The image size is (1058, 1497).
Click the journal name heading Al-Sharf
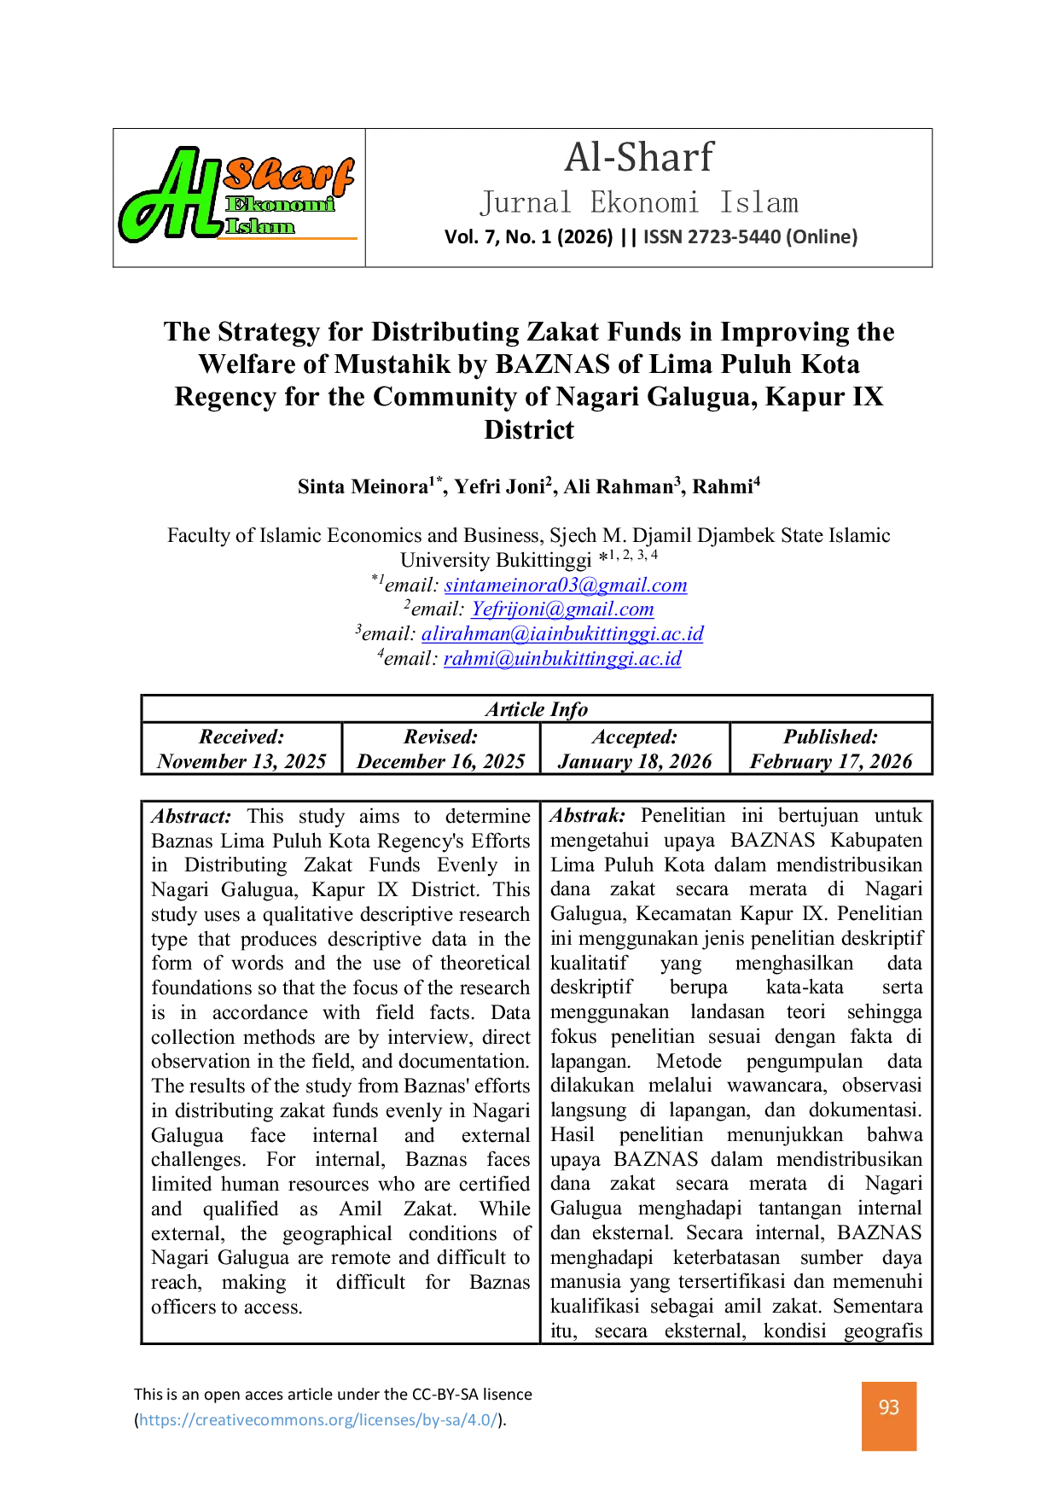(x=639, y=157)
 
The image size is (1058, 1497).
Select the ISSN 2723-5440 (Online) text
(x=750, y=236)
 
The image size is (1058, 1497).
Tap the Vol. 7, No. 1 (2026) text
(x=529, y=236)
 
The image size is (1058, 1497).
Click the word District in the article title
(x=529, y=429)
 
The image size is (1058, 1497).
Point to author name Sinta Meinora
(x=363, y=486)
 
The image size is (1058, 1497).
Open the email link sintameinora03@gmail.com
(x=566, y=585)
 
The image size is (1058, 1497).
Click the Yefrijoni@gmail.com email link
(x=562, y=609)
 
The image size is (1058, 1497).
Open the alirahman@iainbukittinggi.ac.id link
(x=562, y=633)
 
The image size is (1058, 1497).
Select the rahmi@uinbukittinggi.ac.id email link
(x=562, y=658)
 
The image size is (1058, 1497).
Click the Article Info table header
(x=537, y=709)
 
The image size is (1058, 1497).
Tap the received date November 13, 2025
(x=241, y=761)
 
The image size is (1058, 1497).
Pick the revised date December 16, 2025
(x=441, y=761)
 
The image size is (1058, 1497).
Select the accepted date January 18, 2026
(x=635, y=761)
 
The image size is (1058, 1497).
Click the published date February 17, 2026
(x=831, y=761)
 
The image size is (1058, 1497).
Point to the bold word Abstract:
(x=192, y=816)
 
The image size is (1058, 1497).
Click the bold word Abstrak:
(x=588, y=815)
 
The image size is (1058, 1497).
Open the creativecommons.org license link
(x=318, y=1419)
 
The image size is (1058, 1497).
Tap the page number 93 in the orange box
(x=889, y=1407)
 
